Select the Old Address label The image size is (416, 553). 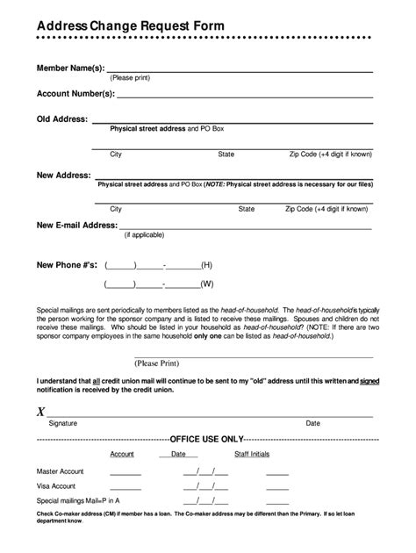tap(61, 118)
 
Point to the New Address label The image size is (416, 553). tap(63, 175)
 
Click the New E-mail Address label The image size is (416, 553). tap(76, 226)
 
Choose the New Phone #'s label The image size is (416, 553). tap(66, 264)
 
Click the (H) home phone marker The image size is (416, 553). tap(207, 264)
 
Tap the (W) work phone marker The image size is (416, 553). tap(207, 284)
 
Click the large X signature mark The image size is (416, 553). tap(40, 412)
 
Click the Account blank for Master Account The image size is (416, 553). tap(126, 474)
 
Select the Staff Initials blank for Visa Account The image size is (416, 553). tap(276, 488)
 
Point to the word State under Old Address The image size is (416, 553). tap(226, 154)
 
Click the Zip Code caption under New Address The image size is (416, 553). tap(326, 209)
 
